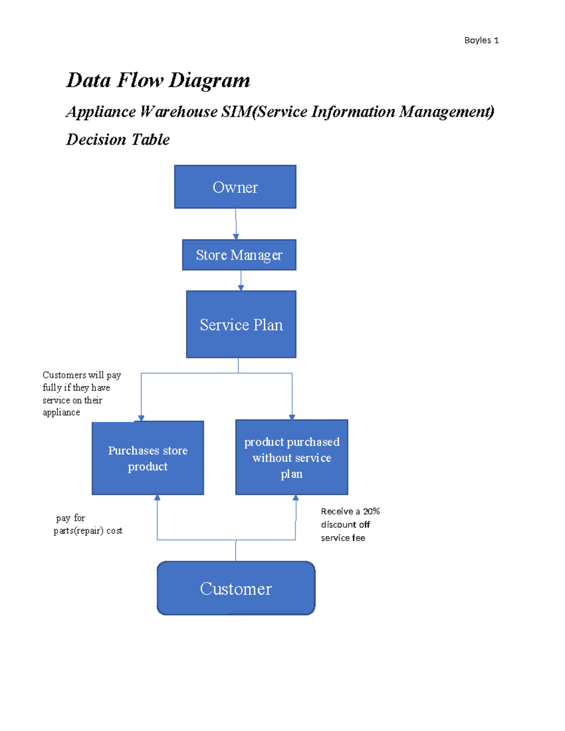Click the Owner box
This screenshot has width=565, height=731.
pyautogui.click(x=235, y=187)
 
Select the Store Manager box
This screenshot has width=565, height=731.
pyautogui.click(x=239, y=255)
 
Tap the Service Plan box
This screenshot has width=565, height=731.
pyautogui.click(x=241, y=324)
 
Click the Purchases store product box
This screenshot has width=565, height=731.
pyautogui.click(x=148, y=458)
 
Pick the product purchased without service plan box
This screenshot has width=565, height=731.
pyautogui.click(x=291, y=458)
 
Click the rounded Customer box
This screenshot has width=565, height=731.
pyautogui.click(x=236, y=588)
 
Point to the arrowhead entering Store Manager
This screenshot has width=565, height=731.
pyautogui.click(x=236, y=237)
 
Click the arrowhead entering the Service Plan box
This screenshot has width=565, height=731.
pyautogui.click(x=241, y=288)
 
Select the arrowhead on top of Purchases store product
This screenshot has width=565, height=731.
pyautogui.click(x=141, y=418)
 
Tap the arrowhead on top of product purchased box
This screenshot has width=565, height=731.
pyautogui.click(x=292, y=417)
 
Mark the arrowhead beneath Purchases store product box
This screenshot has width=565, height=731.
pyautogui.click(x=157, y=498)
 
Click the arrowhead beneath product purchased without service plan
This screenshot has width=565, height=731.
pyautogui.click(x=296, y=498)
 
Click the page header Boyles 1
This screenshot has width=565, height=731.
pyautogui.click(x=481, y=40)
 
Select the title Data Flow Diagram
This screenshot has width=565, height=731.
pyautogui.click(x=158, y=80)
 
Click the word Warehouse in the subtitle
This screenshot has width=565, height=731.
pyautogui.click(x=178, y=112)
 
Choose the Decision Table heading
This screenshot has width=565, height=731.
pyautogui.click(x=118, y=139)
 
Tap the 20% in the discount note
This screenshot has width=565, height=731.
pyautogui.click(x=371, y=511)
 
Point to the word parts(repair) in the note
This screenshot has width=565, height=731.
pyautogui.click(x=78, y=531)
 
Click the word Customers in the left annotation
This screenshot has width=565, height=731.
pyautogui.click(x=65, y=375)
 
